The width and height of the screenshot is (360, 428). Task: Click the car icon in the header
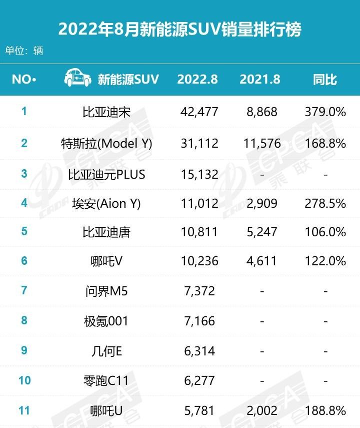coord(77,79)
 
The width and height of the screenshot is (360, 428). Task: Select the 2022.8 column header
coord(197,79)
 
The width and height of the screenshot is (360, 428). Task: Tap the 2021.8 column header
coord(259,79)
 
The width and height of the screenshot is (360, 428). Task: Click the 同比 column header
coord(325,79)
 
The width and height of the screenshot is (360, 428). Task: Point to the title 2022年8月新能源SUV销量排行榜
coord(180,29)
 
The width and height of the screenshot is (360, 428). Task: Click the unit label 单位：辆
coord(24,51)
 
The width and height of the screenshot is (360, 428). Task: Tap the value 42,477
coord(199,112)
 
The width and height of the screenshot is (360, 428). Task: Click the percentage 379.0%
coord(325,112)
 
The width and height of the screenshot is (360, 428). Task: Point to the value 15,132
coord(199,174)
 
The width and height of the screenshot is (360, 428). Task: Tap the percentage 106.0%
coord(325,232)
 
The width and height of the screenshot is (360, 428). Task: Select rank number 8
coord(24,320)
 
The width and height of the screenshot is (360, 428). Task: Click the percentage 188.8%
coord(325,411)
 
